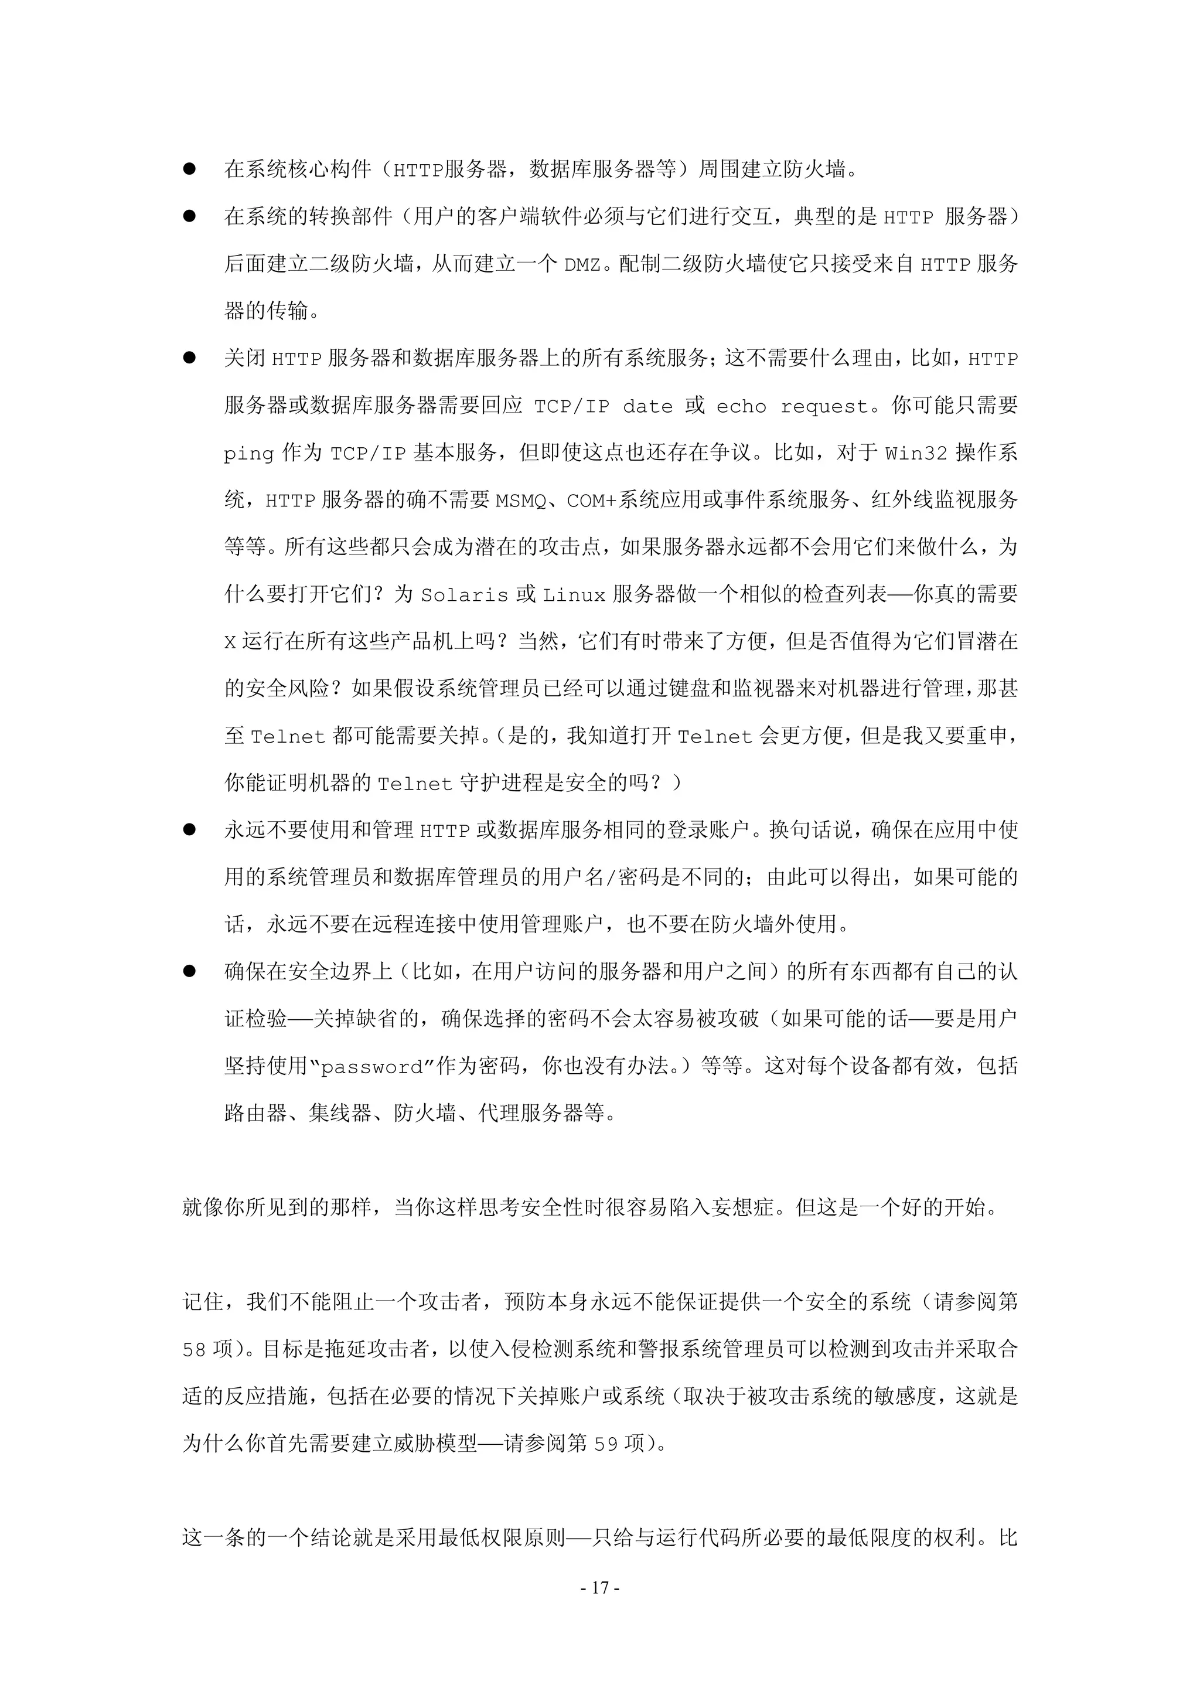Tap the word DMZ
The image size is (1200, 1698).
582,265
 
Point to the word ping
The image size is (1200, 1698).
248,454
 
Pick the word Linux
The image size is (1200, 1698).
574,596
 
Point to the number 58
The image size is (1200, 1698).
195,1350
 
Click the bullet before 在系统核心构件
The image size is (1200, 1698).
189,169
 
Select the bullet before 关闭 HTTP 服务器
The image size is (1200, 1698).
189,358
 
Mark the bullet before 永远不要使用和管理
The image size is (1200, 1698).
189,830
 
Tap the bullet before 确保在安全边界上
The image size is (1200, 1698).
189,971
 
